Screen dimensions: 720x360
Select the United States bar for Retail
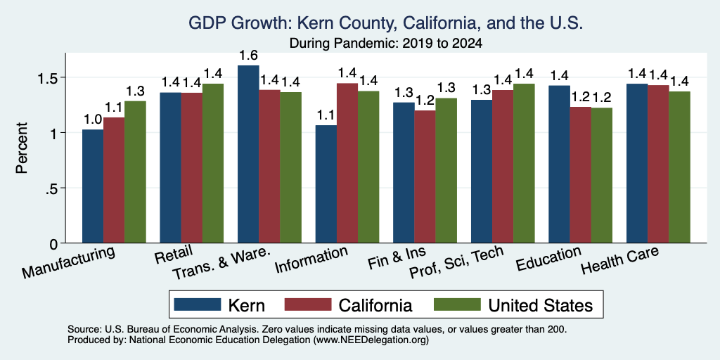click(x=213, y=163)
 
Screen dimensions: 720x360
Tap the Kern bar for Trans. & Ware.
click(x=248, y=154)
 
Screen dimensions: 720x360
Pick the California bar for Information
click(x=347, y=163)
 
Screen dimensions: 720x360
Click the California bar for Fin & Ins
click(x=425, y=176)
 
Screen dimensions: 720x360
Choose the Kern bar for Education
click(x=559, y=165)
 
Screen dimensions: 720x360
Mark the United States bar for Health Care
click(x=680, y=167)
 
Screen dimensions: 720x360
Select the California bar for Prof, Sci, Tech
click(x=503, y=166)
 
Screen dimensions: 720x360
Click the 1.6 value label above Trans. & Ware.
click(x=248, y=56)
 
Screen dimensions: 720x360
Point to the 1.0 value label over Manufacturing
click(x=93, y=120)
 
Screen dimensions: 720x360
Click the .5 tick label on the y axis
click(x=51, y=188)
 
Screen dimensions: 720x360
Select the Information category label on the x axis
click(x=311, y=259)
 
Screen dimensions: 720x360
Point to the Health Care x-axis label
click(x=620, y=259)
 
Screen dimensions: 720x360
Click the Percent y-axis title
click(x=22, y=148)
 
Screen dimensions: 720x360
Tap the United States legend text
click(x=541, y=305)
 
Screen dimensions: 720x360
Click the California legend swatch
click(x=308, y=304)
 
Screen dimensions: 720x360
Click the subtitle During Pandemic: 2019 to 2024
click(x=386, y=44)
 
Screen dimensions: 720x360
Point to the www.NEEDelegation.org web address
click(x=371, y=340)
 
